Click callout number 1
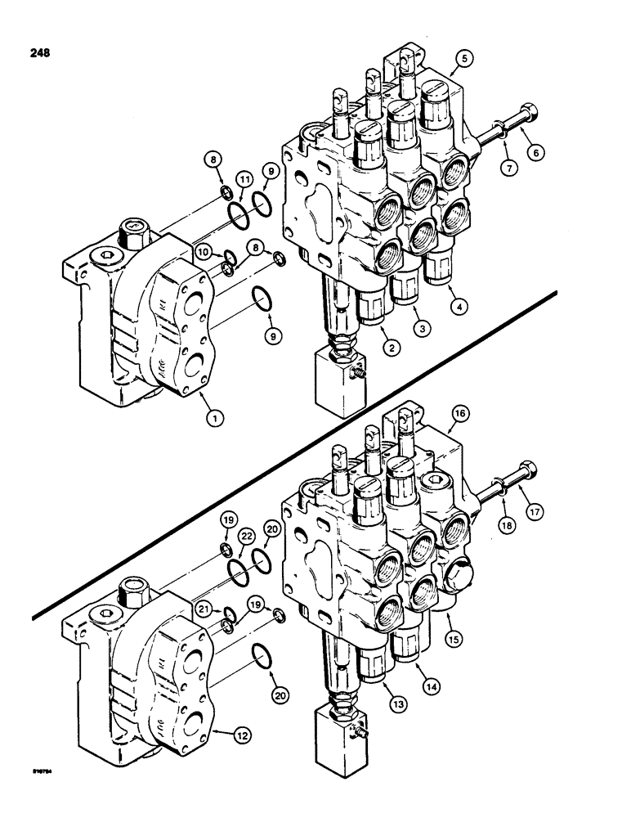(x=215, y=418)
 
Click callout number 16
(x=459, y=416)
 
